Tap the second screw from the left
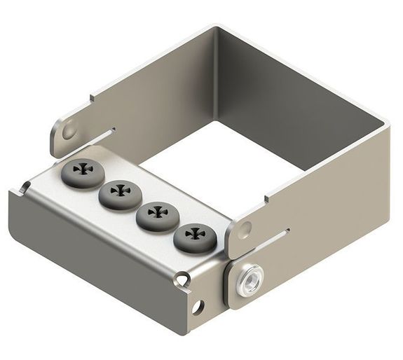116,191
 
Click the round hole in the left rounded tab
69,131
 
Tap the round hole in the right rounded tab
244,229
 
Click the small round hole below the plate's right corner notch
198,306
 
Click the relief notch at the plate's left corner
25,186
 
